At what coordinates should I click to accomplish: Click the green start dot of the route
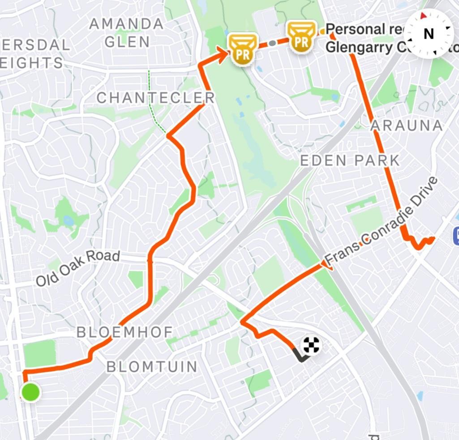(x=30, y=392)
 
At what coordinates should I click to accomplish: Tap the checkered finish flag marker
(x=312, y=345)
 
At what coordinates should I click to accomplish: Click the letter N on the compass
(x=429, y=34)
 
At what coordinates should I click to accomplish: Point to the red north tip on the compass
(x=423, y=16)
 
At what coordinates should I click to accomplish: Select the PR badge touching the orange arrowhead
(x=244, y=48)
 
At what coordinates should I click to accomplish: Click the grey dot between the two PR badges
(x=272, y=43)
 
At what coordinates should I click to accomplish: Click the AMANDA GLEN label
(x=127, y=33)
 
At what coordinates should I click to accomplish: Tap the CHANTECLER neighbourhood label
(x=156, y=97)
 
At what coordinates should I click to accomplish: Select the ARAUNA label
(x=407, y=126)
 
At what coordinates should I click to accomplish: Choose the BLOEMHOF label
(x=125, y=332)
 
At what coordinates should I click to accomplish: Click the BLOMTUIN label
(x=152, y=367)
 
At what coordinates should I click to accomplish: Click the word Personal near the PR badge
(x=356, y=30)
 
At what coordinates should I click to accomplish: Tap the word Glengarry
(x=354, y=47)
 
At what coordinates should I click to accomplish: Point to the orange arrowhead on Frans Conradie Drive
(x=326, y=267)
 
